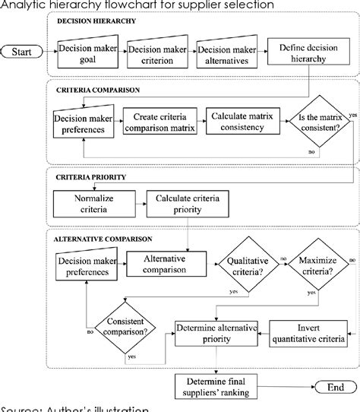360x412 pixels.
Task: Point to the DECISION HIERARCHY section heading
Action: click(97, 21)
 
